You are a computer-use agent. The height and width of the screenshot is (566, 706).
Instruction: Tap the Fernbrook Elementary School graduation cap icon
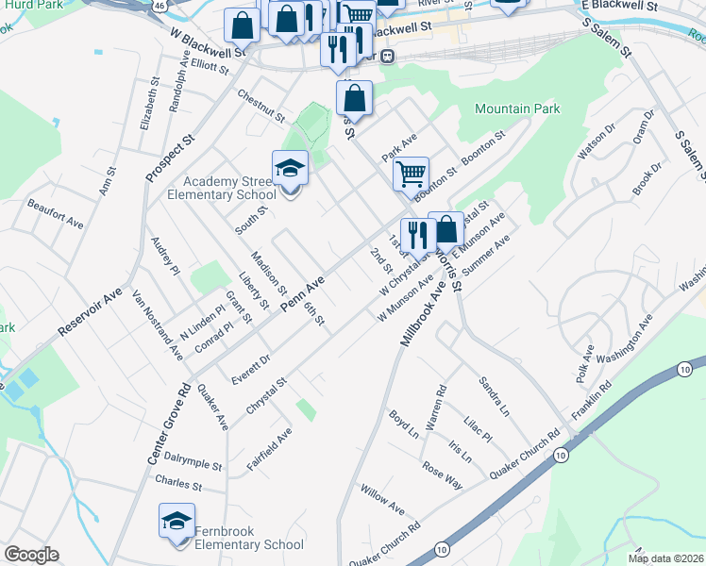click(x=176, y=522)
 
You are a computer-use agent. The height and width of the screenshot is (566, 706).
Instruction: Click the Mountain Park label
click(x=517, y=109)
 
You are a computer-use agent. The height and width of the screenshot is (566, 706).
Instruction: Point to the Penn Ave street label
click(x=303, y=294)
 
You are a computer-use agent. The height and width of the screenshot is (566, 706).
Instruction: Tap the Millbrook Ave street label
click(x=422, y=308)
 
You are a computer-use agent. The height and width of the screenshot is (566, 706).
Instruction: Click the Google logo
click(x=31, y=555)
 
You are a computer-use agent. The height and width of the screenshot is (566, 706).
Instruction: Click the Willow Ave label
click(x=382, y=501)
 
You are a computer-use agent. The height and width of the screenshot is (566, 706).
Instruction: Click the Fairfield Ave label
click(x=269, y=451)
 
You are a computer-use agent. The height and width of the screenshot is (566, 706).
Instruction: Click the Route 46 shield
click(x=162, y=5)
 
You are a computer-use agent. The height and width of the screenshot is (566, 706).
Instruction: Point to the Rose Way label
click(x=442, y=474)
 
